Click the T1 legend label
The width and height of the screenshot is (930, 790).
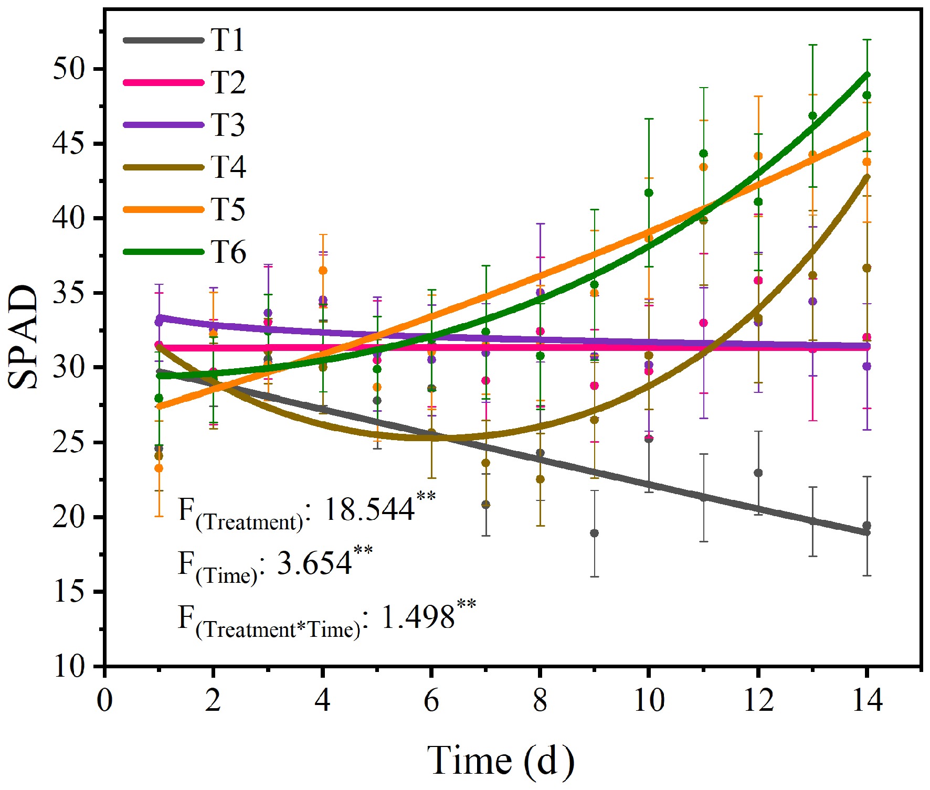click(x=228, y=40)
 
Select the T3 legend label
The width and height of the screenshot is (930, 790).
click(x=228, y=125)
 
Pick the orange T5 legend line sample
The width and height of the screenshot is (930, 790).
click(x=164, y=209)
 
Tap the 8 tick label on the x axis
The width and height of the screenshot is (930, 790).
click(x=540, y=700)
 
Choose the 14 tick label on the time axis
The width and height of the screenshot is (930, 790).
click(x=867, y=700)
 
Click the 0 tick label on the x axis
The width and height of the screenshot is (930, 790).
click(x=105, y=700)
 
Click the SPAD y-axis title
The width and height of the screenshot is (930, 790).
click(x=24, y=337)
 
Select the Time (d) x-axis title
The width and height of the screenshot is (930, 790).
click(x=501, y=760)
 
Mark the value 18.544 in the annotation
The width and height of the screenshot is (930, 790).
click(x=369, y=509)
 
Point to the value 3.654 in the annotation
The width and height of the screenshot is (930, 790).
click(x=314, y=563)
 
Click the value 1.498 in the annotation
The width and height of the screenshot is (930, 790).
click(x=417, y=617)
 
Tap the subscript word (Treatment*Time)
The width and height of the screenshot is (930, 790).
click(x=278, y=629)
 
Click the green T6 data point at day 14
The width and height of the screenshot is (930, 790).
click(x=867, y=95)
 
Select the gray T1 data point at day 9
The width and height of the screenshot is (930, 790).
click(x=595, y=533)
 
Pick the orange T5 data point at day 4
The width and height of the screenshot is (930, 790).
click(x=323, y=271)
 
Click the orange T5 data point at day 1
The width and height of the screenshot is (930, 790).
click(x=158, y=468)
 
